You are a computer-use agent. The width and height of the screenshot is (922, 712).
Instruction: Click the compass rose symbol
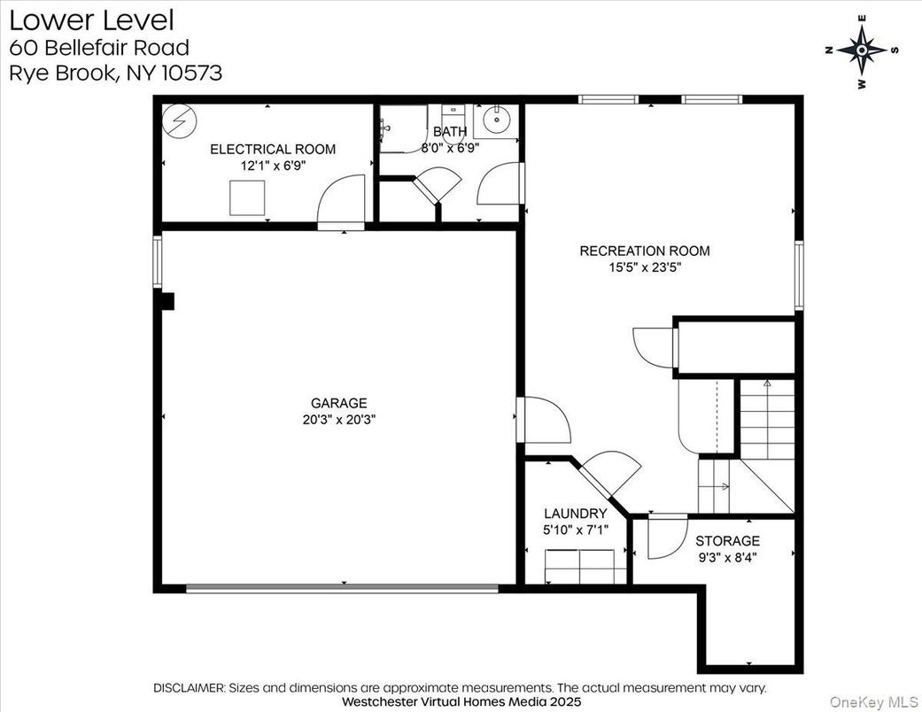pyautogui.click(x=862, y=50)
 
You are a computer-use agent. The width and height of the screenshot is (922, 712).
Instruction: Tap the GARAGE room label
pyautogui.click(x=338, y=403)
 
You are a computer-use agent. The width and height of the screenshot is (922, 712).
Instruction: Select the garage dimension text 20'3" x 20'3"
pyautogui.click(x=338, y=419)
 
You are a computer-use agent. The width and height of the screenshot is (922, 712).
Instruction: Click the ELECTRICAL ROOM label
pyautogui.click(x=273, y=150)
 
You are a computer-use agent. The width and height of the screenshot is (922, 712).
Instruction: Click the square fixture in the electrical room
pyautogui.click(x=247, y=198)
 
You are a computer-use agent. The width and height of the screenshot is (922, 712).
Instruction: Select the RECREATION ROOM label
pyautogui.click(x=645, y=251)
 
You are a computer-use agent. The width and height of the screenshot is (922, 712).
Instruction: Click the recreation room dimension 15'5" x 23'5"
pyautogui.click(x=645, y=267)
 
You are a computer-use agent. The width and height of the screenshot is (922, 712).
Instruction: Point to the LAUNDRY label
pyautogui.click(x=575, y=514)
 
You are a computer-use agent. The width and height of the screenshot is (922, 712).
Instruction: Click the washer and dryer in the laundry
pyautogui.click(x=580, y=566)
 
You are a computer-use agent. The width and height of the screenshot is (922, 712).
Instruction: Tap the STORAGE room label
pyautogui.click(x=727, y=540)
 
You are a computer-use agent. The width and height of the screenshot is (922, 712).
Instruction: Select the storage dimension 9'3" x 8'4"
pyautogui.click(x=727, y=557)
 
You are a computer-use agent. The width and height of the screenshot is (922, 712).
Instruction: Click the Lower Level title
pyautogui.click(x=92, y=20)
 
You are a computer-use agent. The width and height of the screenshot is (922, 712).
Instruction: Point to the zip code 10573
pyautogui.click(x=191, y=73)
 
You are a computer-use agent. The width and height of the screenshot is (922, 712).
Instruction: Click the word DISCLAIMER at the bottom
pyautogui.click(x=189, y=687)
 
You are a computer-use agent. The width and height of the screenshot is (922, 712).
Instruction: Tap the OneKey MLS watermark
pyautogui.click(x=874, y=701)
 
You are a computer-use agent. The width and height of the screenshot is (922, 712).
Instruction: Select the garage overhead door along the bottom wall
pyautogui.click(x=342, y=588)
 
